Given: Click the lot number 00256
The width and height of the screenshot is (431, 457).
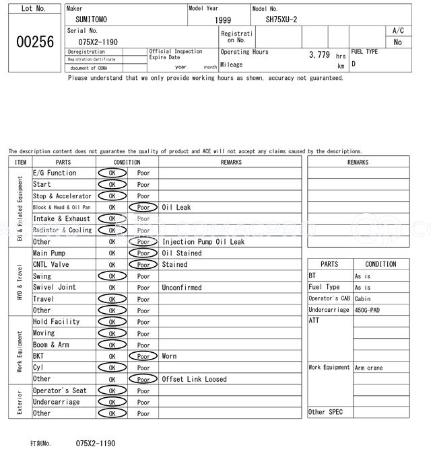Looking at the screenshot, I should (34, 42).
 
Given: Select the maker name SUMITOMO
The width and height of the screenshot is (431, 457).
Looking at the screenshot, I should (91, 19).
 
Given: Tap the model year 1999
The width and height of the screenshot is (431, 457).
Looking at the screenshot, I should (223, 20).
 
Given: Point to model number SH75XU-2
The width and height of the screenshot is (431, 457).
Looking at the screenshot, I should (281, 19).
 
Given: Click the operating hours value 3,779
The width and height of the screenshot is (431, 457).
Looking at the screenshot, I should (319, 55).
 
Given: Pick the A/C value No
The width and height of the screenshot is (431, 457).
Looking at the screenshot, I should (398, 42).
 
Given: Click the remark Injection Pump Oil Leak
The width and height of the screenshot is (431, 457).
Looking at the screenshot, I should (203, 242).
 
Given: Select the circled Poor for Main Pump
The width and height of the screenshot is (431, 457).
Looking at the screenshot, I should (143, 253).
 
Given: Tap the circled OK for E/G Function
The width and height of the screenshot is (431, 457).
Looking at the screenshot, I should (112, 173).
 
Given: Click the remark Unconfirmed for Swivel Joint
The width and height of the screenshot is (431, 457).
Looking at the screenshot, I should (181, 288).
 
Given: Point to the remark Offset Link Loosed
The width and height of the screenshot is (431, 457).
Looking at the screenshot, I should (195, 379).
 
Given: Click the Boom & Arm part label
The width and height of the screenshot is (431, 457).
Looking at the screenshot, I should (51, 345).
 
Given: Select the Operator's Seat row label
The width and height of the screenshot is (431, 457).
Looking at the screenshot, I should (60, 390).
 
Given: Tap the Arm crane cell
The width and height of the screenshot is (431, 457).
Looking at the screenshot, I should (368, 368).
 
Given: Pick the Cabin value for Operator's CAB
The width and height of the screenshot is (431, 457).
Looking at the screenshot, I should (362, 298).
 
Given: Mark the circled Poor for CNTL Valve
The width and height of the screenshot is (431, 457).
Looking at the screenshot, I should (143, 265).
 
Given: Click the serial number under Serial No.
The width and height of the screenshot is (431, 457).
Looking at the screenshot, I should (98, 42).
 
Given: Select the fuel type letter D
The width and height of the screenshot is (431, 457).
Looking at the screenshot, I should (354, 64).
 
